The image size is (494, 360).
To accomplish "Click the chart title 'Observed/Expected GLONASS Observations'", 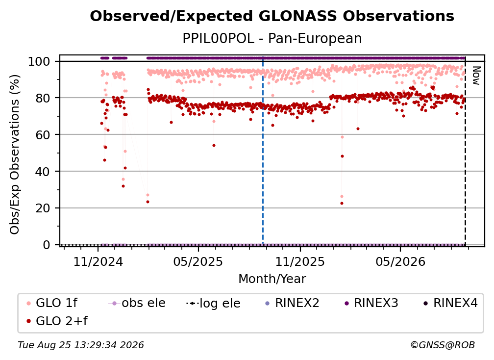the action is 272,16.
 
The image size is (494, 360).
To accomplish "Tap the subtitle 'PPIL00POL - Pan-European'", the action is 272,39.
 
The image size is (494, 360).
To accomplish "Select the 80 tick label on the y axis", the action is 43,98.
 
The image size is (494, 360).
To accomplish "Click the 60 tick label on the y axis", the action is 43,134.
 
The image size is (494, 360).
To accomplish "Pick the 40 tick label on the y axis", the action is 43,172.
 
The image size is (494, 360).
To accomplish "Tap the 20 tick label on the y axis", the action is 43,208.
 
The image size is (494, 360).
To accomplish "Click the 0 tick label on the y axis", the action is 46,245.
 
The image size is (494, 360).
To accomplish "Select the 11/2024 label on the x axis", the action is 98,261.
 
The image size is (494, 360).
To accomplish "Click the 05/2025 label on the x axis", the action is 198,261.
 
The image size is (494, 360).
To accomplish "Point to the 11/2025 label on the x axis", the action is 300,261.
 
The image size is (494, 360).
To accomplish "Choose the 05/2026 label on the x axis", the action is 400,261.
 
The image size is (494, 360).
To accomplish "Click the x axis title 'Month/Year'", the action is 272,279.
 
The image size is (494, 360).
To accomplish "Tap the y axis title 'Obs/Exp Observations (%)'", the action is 15,154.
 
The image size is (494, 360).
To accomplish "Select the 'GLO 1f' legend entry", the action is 51,303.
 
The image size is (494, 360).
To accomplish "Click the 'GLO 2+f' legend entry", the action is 57,321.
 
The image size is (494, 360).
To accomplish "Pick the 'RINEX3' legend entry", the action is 371,303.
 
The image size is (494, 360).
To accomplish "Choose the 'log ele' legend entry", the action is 213,303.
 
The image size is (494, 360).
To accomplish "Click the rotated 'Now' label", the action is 476,76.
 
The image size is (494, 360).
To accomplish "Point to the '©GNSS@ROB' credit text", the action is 443,345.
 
